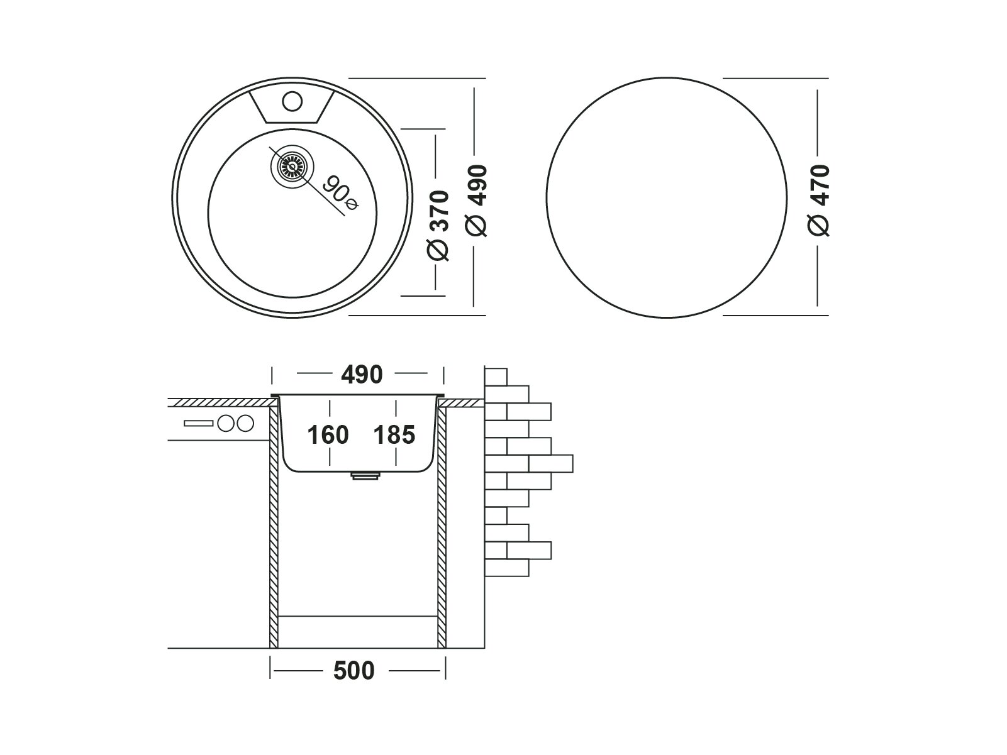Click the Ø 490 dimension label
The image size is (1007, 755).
pyautogui.click(x=477, y=201)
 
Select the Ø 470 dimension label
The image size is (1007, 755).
pyautogui.click(x=819, y=200)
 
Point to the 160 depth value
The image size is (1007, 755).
pyautogui.click(x=328, y=435)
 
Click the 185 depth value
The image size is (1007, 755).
pyautogui.click(x=394, y=435)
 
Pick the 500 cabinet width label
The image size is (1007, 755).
pyautogui.click(x=353, y=671)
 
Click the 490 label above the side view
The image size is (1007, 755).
pyautogui.click(x=361, y=375)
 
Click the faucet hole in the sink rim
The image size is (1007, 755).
pyautogui.click(x=292, y=100)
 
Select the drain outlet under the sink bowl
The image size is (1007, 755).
pyautogui.click(x=363, y=476)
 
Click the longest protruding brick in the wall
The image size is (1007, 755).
pyautogui.click(x=550, y=464)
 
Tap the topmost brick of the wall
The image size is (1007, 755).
pyautogui.click(x=496, y=376)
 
